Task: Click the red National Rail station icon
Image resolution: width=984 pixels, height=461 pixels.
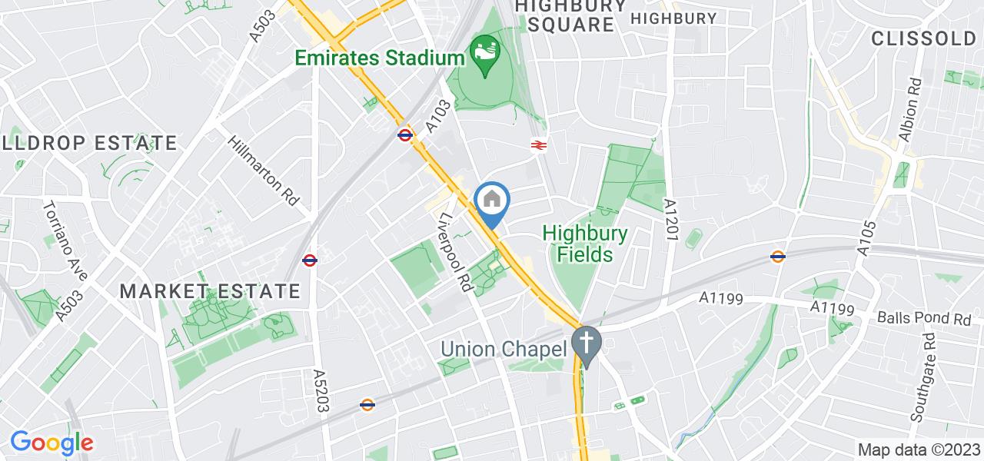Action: click(538, 144)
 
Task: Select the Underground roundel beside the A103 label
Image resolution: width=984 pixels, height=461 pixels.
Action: click(406, 135)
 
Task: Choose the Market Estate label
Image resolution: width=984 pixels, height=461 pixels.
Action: click(210, 291)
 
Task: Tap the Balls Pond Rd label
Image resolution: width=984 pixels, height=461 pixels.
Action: click(926, 317)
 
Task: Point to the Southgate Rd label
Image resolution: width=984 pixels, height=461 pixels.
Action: click(920, 379)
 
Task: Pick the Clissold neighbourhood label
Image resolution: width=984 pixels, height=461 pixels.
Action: click(923, 38)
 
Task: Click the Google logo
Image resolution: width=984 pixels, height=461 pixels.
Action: click(52, 443)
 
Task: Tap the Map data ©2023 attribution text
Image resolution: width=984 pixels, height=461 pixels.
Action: click(919, 449)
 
